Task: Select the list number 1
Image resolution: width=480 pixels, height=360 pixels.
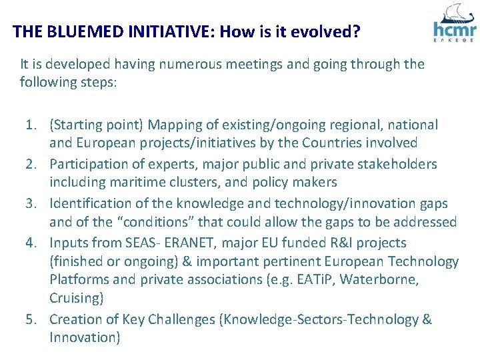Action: click(31, 125)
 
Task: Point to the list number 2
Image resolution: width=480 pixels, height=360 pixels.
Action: click(31, 164)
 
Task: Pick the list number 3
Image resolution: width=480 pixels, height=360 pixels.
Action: click(31, 203)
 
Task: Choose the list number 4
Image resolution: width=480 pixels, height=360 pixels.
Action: click(31, 242)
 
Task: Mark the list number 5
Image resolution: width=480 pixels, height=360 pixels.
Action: click(31, 320)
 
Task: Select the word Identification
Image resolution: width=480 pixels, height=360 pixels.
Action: click(91, 203)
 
